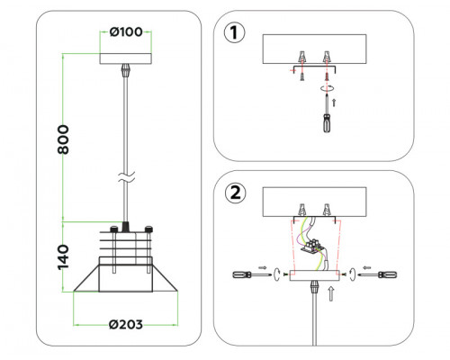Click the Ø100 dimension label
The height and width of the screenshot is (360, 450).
[126, 31]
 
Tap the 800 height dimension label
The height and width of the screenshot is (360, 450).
[63, 139]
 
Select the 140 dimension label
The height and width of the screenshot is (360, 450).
[63, 257]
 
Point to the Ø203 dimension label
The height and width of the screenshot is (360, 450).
[126, 324]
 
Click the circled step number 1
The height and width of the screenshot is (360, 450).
[235, 32]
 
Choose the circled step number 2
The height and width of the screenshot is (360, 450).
[235, 193]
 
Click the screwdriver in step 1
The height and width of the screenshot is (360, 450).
[327, 113]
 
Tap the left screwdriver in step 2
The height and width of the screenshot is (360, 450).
[252, 274]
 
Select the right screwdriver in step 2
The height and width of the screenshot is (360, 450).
[378, 274]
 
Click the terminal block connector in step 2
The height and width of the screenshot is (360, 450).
[312, 246]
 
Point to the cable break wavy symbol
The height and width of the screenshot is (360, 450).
[126, 177]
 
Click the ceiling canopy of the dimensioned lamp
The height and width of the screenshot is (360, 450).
[126, 58]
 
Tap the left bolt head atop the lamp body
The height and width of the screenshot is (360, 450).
[114, 229]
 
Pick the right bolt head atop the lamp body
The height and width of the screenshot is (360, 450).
[148, 229]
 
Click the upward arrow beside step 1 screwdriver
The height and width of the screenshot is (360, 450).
[335, 102]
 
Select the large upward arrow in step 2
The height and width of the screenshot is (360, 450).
[331, 293]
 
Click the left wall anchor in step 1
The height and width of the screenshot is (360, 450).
[302, 57]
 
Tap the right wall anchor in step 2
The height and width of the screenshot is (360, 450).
[327, 210]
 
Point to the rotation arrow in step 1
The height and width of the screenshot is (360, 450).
[327, 88]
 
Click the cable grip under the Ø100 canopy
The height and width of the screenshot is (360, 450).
[126, 71]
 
